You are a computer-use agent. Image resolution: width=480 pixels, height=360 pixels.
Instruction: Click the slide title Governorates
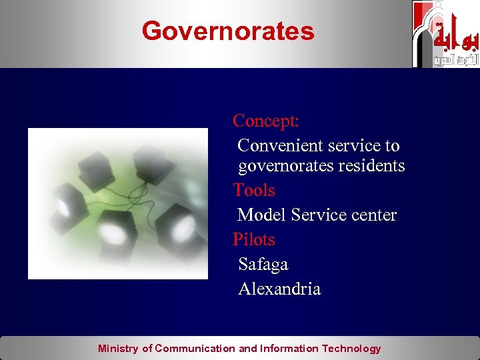coord(227,31)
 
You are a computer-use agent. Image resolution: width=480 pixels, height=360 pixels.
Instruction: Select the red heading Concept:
coord(265,121)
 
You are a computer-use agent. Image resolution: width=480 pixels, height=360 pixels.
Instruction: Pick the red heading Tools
coord(254,191)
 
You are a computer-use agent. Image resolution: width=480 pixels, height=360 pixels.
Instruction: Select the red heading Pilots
coord(254,239)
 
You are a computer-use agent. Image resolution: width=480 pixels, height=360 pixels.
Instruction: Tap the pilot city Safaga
coord(263,265)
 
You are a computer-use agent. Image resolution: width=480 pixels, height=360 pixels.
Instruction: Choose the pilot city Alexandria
coord(279,289)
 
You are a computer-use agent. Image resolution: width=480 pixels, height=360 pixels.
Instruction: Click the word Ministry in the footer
coord(118,349)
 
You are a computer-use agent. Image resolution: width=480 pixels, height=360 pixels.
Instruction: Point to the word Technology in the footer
coord(351,349)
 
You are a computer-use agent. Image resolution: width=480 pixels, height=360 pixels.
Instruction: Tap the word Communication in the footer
coord(195,349)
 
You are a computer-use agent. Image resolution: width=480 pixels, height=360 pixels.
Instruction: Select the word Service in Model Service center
coord(318,215)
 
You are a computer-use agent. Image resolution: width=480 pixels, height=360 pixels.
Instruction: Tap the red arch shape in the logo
coord(421,27)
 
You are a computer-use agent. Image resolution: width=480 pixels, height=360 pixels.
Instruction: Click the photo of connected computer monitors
coord(118,203)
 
